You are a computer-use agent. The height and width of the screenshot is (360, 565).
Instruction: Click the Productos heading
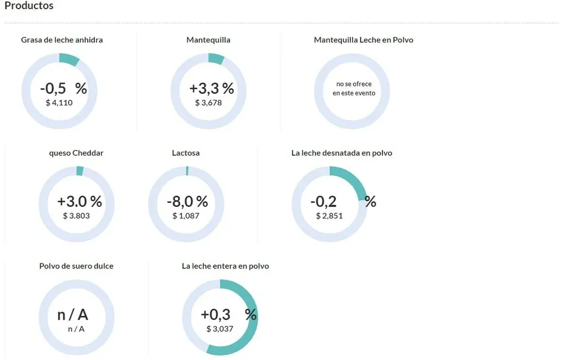[29, 6]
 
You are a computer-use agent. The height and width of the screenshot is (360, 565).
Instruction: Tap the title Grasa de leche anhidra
[62, 40]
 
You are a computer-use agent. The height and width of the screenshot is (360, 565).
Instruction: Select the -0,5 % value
[63, 88]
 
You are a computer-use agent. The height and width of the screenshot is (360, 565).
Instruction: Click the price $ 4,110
[59, 103]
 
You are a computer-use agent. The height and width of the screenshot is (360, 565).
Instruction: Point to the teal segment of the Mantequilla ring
[216, 58]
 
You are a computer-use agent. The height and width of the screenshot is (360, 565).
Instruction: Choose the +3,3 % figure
[211, 88]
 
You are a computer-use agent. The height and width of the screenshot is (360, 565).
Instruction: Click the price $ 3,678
[209, 103]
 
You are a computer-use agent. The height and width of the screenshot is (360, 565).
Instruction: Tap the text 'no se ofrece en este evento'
[354, 89]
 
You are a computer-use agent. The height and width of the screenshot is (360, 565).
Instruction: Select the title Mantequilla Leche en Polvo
[363, 40]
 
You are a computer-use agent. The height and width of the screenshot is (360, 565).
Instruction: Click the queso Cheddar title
[76, 153]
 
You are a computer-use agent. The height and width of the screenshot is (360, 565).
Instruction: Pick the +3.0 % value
[79, 201]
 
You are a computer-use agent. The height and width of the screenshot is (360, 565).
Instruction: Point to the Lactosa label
[186, 153]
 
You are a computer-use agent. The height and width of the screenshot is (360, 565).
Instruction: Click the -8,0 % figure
[187, 201]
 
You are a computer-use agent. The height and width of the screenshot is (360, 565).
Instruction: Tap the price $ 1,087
[186, 216]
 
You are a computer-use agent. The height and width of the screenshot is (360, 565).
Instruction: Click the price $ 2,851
[329, 216]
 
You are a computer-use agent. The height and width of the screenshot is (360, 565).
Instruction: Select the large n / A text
[73, 315]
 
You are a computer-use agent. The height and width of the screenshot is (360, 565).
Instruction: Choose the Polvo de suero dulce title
[76, 266]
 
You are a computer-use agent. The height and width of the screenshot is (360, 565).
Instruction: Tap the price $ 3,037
[220, 329]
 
